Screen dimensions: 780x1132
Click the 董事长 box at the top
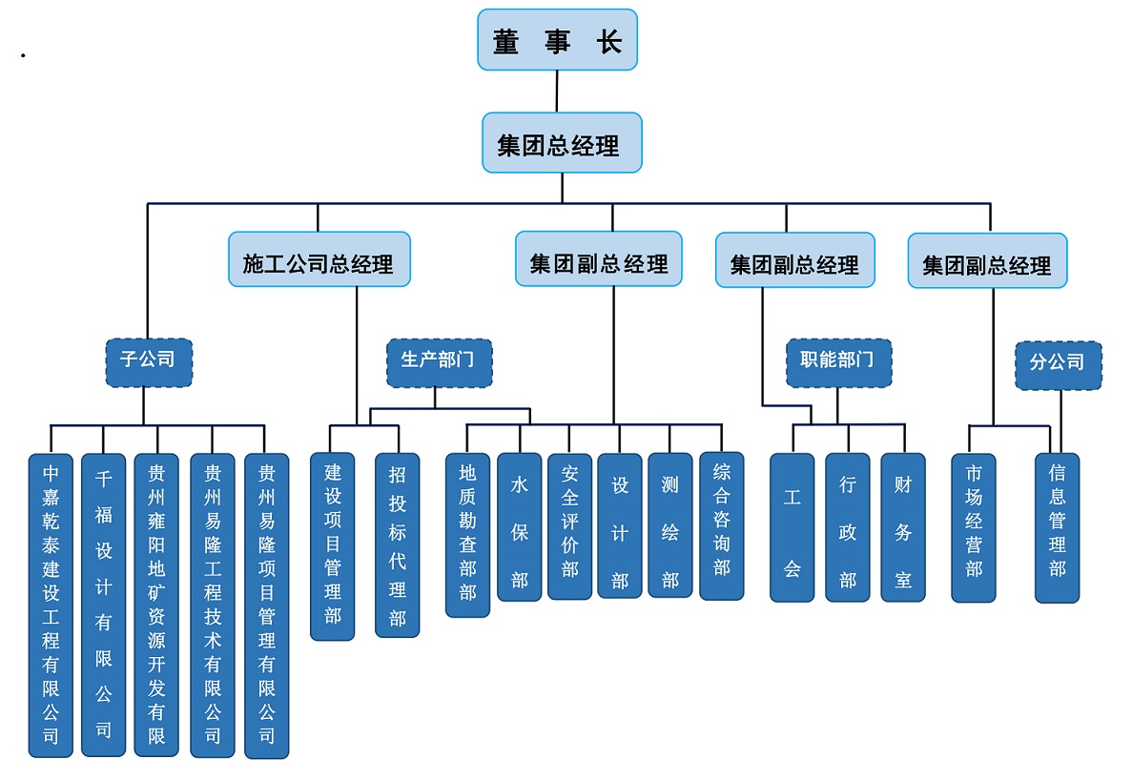pyautogui.click(x=557, y=40)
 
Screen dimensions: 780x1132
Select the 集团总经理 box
pyautogui.click(x=562, y=143)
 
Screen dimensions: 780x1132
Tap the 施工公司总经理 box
pyautogui.click(x=319, y=259)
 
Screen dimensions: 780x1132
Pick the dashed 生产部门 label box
pyautogui.click(x=439, y=362)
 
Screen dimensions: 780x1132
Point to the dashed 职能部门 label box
pyautogui.click(x=838, y=362)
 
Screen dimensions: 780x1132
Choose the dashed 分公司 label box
pyautogui.click(x=1058, y=365)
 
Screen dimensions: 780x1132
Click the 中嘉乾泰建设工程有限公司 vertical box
pyautogui.click(x=51, y=606)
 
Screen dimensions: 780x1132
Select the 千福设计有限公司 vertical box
pyautogui.click(x=103, y=606)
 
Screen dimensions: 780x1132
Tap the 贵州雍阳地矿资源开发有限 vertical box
pyautogui.click(x=156, y=606)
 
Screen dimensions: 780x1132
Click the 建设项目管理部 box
pyautogui.click(x=333, y=545)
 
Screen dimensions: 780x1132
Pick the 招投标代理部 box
pyautogui.click(x=397, y=545)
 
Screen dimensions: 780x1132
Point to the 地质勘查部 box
pyautogui.click(x=467, y=534)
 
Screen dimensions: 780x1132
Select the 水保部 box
pyautogui.click(x=519, y=526)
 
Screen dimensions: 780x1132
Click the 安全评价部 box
pyautogui.click(x=569, y=525)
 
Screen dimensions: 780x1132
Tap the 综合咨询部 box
pyautogui.click(x=721, y=525)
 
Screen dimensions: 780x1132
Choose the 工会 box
pyautogui.click(x=792, y=527)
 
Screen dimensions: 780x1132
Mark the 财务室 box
pyautogui.click(x=902, y=527)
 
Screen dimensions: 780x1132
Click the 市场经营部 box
pyautogui.click(x=974, y=527)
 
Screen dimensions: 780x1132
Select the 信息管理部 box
pyautogui.click(x=1057, y=527)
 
